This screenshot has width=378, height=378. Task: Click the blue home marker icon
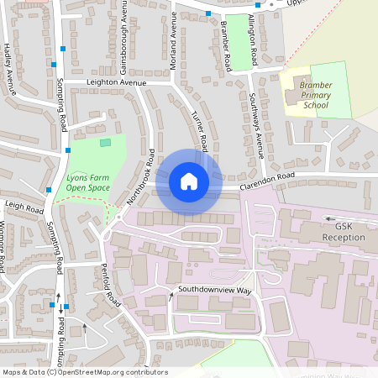click(189, 181)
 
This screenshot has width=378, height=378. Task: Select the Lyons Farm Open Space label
click(88, 182)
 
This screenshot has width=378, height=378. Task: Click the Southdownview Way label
click(214, 290)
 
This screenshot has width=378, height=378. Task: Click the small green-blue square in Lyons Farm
click(105, 143)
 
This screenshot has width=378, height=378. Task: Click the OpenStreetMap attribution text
click(85, 372)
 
